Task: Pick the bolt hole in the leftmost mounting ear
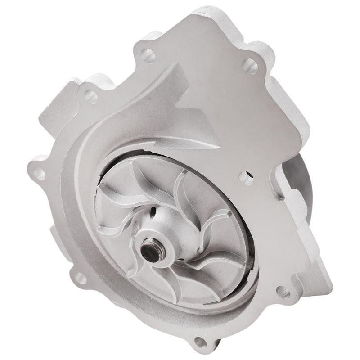click(40, 173)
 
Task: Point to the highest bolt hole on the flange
click(146, 55)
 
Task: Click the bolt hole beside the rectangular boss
click(90, 95)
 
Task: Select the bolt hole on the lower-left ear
click(81, 279)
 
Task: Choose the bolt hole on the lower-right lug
click(282, 291)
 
